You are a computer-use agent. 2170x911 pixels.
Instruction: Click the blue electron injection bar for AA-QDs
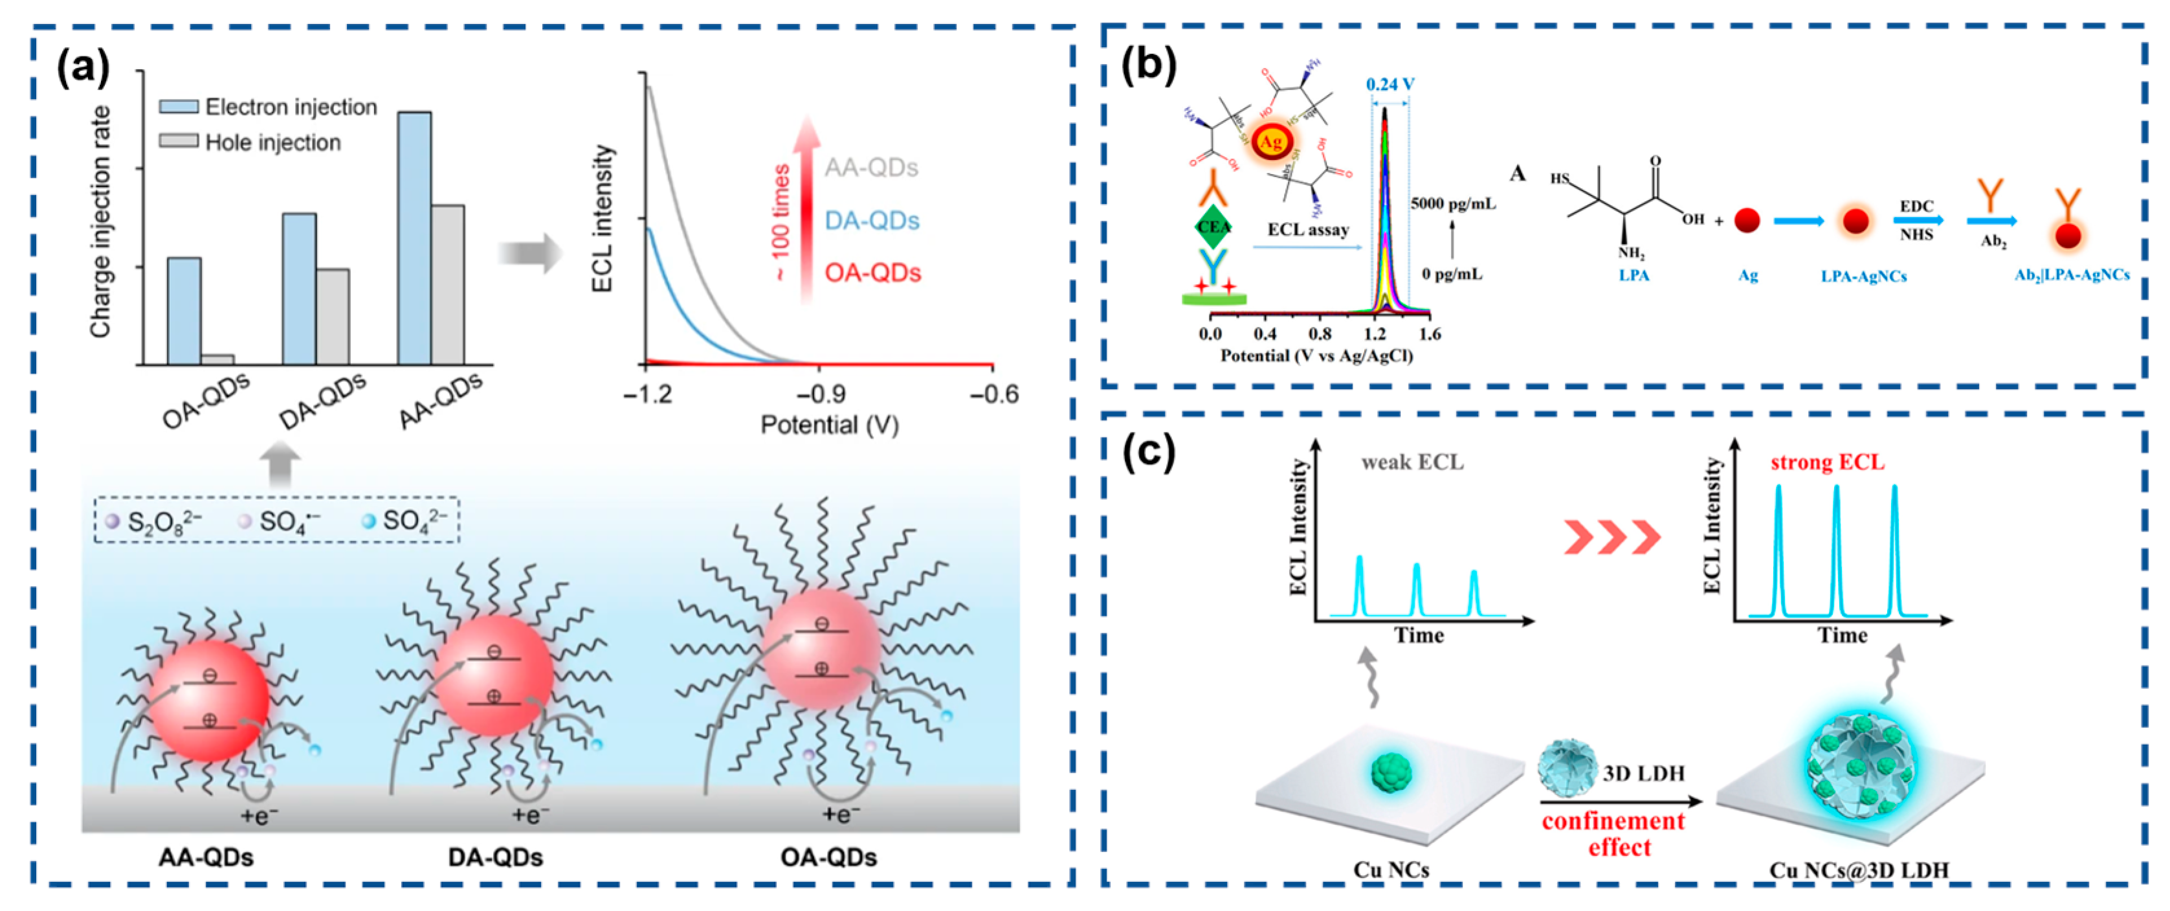414,238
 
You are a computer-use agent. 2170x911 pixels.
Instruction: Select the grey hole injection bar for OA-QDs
217,359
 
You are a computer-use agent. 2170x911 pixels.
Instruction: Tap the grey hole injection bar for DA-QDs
333,316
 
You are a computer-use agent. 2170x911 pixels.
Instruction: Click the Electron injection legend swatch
179,107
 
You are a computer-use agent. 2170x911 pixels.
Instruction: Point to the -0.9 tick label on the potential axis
821,394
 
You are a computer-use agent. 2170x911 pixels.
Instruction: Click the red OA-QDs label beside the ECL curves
872,273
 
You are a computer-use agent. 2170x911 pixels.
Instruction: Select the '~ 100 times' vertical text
780,223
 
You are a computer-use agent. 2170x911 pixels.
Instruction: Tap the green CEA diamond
1213,227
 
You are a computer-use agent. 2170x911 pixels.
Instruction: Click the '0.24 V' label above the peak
1390,84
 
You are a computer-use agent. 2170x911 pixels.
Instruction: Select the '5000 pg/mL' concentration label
1453,204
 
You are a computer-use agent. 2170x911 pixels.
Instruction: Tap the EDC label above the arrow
1916,207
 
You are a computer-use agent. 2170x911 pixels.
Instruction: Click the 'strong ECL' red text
1827,463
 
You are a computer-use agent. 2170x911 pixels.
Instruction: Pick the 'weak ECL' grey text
1413,463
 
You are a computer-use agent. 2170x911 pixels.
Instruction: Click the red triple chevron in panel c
1611,537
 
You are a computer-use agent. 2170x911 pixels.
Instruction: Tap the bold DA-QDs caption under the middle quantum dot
495,858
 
